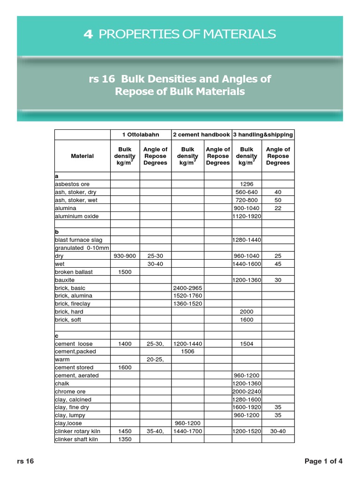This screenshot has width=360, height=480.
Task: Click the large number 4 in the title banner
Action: click(x=88, y=34)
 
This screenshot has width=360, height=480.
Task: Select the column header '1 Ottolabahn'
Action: click(x=141, y=135)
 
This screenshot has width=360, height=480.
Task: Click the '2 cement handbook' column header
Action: click(x=202, y=135)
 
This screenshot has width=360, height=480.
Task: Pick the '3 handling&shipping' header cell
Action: click(x=263, y=135)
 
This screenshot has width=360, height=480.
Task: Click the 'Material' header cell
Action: click(x=82, y=156)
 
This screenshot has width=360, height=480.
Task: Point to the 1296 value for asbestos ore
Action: click(x=247, y=184)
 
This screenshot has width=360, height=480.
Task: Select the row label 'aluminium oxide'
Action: click(x=76, y=216)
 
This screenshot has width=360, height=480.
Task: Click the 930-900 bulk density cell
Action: click(x=125, y=256)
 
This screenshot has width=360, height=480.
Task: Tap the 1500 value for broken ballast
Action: click(x=125, y=272)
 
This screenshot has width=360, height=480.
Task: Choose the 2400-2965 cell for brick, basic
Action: click(x=187, y=288)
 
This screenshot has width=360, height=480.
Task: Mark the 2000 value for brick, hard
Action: click(x=247, y=312)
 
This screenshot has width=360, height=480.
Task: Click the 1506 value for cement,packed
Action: click(x=187, y=352)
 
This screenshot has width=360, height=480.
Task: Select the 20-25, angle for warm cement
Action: click(x=155, y=360)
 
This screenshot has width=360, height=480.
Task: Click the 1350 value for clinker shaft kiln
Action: click(x=125, y=439)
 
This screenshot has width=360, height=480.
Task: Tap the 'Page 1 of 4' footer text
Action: click(x=323, y=461)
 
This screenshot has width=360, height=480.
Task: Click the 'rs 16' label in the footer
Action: click(x=25, y=461)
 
